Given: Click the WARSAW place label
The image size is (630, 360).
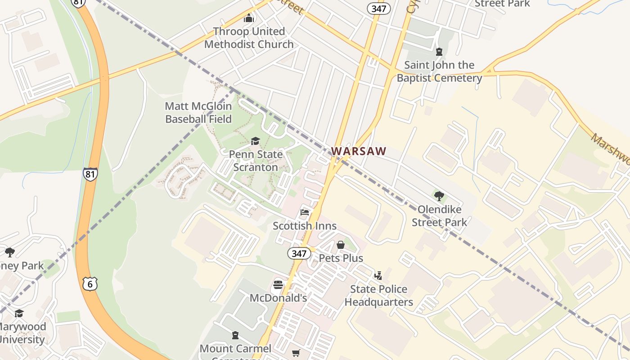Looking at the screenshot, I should click(359, 151).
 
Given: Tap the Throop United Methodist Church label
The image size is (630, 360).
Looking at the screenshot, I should click(249, 38).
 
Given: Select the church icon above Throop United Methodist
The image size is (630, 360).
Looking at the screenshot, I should click(249, 18).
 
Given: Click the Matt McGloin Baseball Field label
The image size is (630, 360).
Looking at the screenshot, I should click(198, 112).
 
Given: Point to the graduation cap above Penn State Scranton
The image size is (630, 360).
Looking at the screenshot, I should click(256, 141).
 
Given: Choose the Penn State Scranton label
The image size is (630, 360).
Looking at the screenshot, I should click(256, 161).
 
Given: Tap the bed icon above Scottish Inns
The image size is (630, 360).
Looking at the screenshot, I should click(305, 212).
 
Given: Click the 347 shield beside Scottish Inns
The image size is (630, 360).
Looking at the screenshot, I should click(299, 253).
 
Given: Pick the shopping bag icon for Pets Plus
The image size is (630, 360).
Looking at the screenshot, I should click(341, 245).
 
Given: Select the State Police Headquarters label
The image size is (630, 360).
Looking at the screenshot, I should click(379, 295).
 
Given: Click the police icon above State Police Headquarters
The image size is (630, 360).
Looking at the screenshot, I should click(378, 275).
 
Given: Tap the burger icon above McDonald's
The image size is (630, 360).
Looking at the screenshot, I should click(278, 285).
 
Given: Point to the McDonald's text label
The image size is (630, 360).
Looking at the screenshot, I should click(278, 298).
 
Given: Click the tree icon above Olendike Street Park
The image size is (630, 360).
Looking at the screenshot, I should click(439, 196).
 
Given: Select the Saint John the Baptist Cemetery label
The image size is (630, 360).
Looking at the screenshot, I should click(439, 72).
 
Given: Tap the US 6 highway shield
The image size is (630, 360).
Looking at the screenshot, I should click(90, 284).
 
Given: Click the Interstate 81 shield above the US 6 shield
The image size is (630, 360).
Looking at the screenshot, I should click(90, 174).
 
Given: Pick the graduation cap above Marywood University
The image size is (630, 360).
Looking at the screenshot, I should click(19, 313).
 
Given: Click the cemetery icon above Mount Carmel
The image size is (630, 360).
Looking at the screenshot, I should click(235, 335).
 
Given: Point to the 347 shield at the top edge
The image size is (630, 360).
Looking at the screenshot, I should click(378, 8).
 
